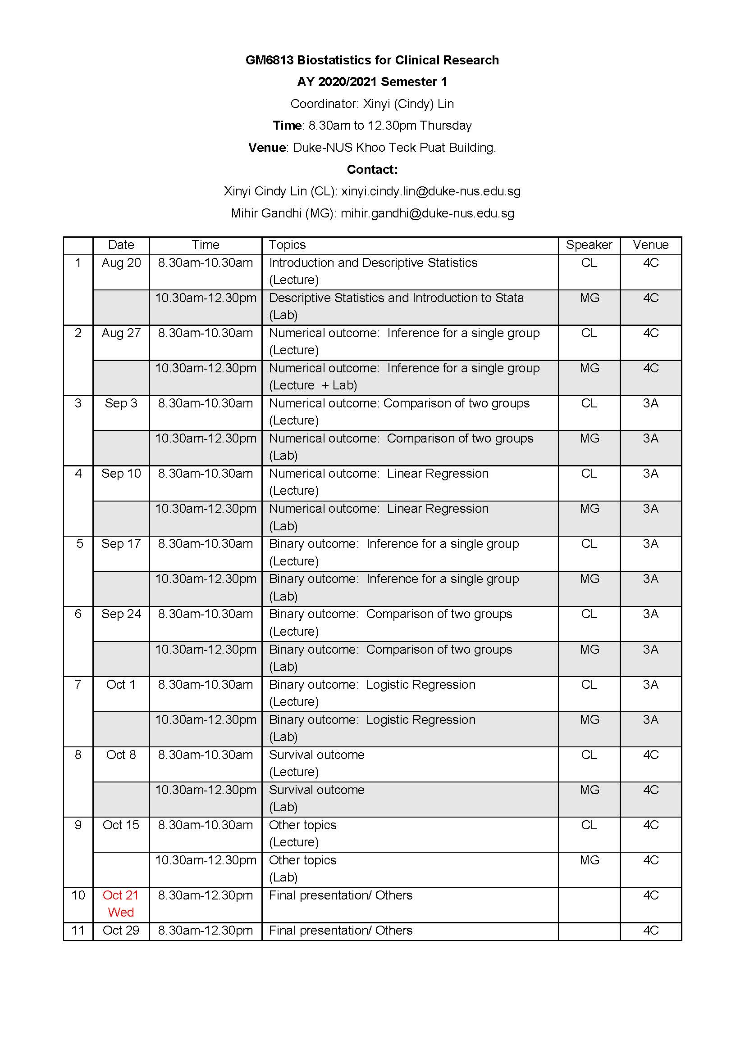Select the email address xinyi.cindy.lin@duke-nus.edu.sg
(x=430, y=191)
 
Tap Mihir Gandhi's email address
(x=427, y=213)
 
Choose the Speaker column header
(x=589, y=245)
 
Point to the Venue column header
(x=650, y=245)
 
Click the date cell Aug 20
(x=121, y=263)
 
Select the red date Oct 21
(x=120, y=895)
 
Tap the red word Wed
(x=121, y=912)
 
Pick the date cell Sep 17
(x=121, y=544)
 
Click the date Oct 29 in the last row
(x=121, y=930)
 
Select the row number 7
(x=78, y=685)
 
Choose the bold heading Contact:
(x=372, y=170)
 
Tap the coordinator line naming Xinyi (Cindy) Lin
(x=372, y=104)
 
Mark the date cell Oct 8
(x=121, y=755)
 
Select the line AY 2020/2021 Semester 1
(x=372, y=82)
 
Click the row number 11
(x=78, y=930)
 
